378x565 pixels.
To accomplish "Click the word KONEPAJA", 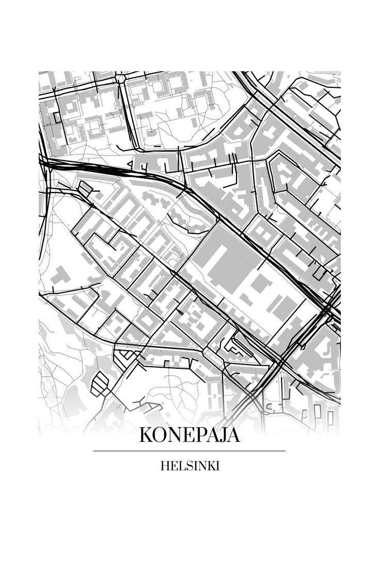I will [x=190, y=435].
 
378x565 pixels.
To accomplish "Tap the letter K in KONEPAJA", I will [x=145, y=435].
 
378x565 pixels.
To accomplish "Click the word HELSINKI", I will [x=190, y=466].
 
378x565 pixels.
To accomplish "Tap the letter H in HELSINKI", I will [x=164, y=466].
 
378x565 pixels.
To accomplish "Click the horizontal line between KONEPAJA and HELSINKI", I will [x=189, y=451].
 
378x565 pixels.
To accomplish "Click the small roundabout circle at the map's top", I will [x=121, y=79].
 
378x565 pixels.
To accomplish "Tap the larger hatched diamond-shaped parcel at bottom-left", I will [x=100, y=384].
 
